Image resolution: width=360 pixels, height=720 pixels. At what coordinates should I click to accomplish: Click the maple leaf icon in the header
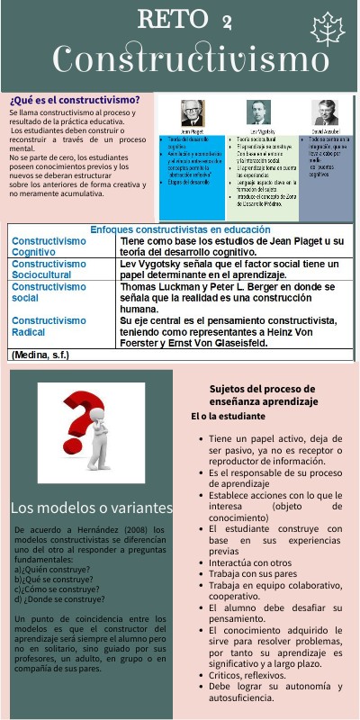click(328, 29)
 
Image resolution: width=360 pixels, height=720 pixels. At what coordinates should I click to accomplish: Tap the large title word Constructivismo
click(190, 59)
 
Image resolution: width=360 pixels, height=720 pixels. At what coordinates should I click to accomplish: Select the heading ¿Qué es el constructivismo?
click(75, 99)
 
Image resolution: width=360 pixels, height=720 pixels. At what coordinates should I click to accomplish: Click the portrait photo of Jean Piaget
click(192, 112)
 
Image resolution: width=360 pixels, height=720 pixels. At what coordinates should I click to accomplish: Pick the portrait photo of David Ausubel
click(325, 112)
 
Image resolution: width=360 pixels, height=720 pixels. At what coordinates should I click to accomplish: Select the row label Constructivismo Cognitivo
click(49, 247)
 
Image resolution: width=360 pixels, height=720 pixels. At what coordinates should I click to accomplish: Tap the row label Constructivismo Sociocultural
click(49, 270)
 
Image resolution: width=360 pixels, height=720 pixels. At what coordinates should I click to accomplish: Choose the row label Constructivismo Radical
click(49, 326)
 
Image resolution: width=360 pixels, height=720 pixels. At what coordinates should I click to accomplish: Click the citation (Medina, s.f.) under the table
click(41, 355)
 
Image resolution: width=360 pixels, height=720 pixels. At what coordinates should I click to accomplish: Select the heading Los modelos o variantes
click(90, 508)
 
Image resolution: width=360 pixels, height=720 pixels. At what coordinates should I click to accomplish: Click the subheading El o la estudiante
click(228, 417)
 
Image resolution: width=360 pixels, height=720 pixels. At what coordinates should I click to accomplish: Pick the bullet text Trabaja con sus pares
click(253, 572)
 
